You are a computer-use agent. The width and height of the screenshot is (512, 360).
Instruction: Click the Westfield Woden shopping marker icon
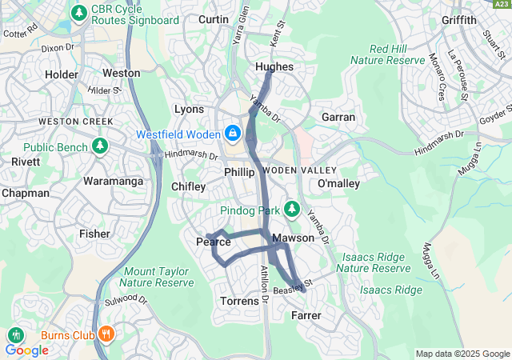click(x=233, y=132)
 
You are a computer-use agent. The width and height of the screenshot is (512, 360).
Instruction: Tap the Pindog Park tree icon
click(x=292, y=210)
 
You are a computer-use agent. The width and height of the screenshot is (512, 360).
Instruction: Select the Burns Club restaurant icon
click(x=106, y=334)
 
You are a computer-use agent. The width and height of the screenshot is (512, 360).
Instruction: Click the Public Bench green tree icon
click(x=100, y=147)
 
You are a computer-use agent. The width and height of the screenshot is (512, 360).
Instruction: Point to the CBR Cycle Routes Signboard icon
click(x=78, y=13)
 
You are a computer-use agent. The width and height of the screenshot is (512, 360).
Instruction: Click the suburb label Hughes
click(x=274, y=67)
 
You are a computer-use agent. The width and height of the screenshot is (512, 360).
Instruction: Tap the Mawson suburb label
click(x=288, y=238)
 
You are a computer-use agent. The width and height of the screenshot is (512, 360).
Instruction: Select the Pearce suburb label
click(x=214, y=242)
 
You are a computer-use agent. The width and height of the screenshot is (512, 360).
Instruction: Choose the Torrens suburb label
click(x=239, y=302)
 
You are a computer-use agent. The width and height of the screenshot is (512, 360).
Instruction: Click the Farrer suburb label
click(x=306, y=316)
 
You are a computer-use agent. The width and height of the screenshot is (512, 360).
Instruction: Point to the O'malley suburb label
click(x=340, y=185)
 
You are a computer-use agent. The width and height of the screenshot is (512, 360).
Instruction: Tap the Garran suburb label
click(x=338, y=117)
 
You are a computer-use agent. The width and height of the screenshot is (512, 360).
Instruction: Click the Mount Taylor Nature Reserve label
click(x=158, y=277)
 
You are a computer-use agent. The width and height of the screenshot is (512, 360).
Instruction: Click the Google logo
click(x=26, y=350)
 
